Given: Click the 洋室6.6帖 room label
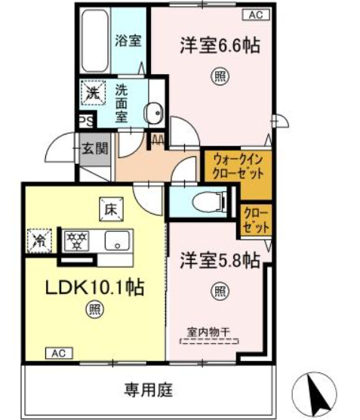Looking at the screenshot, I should pos(220,45).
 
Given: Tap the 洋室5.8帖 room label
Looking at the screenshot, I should pos(220,261).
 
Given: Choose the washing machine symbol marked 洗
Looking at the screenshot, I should pos(91,94).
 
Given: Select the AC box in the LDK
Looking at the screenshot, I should pos(59,353).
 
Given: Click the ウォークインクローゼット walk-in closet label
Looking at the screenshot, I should pos(237,166).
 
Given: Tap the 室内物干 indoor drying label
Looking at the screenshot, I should pos(211,331).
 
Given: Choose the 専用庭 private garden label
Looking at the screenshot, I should pos(148,390).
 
